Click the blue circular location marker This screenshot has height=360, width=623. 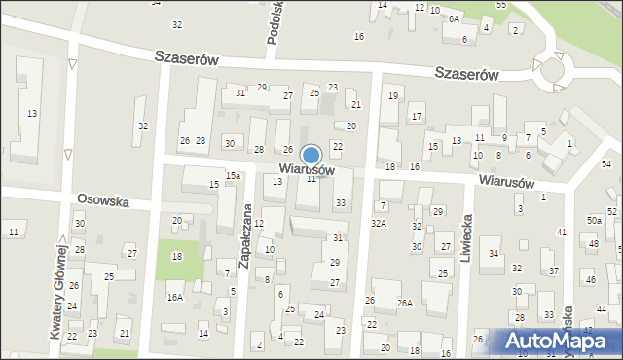[311, 155]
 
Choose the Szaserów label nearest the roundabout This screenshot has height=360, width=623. [467, 73]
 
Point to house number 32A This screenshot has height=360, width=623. [378, 224]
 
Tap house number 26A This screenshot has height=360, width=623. [404, 303]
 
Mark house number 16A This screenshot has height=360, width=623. [174, 298]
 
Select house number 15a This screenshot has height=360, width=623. [234, 175]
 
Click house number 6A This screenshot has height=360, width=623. [454, 18]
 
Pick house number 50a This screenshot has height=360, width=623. [594, 221]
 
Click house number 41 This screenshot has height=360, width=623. [561, 232]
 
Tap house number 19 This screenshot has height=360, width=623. [393, 95]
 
